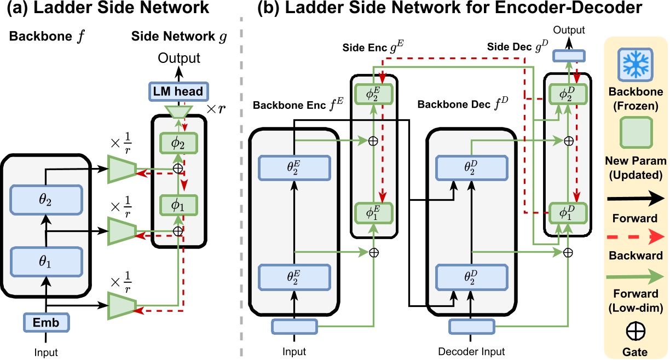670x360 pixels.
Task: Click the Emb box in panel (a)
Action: tap(48, 322)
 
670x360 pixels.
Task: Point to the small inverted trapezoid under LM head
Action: tap(178, 112)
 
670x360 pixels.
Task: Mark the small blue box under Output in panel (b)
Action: tap(568, 55)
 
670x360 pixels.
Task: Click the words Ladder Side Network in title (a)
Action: tap(118, 8)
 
